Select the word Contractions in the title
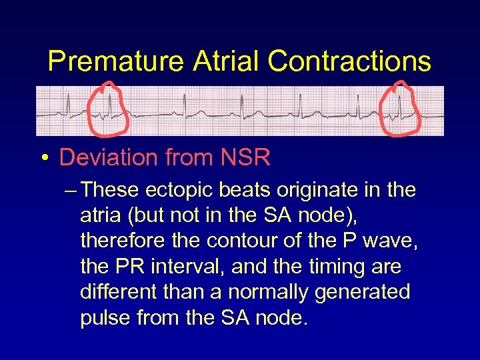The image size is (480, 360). pos(349,61)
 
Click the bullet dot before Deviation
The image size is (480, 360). pos(43,159)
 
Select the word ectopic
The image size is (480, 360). pos(176,191)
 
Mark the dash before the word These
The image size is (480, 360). pos(73,191)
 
